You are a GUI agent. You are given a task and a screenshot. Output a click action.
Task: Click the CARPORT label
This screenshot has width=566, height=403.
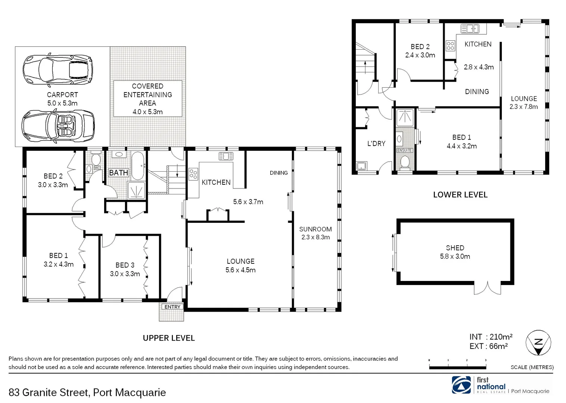pyautogui.click(x=62, y=95)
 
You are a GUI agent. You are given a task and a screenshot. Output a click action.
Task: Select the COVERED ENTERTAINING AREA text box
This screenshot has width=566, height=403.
pyautogui.click(x=147, y=99)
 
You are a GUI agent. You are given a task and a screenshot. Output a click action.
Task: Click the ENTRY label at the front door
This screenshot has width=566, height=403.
pyautogui.click(x=172, y=307)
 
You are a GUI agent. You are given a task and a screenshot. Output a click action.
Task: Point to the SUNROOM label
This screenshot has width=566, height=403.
pyautogui.click(x=315, y=229)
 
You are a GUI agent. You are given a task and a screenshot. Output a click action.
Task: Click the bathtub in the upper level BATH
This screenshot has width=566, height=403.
pyautogui.click(x=137, y=165)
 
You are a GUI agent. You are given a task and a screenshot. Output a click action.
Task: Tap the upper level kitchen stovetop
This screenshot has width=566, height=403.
pyautogui.click(x=193, y=174)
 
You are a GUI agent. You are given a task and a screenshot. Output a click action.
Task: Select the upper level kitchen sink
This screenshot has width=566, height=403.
pyautogui.click(x=226, y=156)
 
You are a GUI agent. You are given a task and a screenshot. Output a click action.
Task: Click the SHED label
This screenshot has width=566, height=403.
pyautogui.click(x=455, y=248)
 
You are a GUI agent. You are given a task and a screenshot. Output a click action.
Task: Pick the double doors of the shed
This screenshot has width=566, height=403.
pyautogui.click(x=488, y=288)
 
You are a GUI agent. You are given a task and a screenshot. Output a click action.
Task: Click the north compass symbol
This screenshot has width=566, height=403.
pyautogui.click(x=538, y=343)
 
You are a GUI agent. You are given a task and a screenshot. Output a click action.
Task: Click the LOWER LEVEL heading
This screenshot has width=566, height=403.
pyautogui.click(x=460, y=195)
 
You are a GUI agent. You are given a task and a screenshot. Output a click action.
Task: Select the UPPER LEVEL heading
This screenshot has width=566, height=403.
pyautogui.click(x=169, y=338)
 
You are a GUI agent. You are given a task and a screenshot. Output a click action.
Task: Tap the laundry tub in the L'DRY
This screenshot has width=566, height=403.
pyautogui.click(x=361, y=166)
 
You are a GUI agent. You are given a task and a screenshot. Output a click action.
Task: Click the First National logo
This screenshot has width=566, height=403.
pyautogui.click(x=461, y=385)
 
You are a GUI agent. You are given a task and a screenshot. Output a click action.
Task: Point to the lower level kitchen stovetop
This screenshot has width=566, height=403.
pyautogui.click(x=451, y=46)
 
